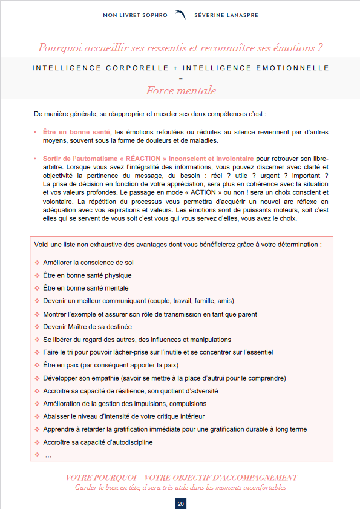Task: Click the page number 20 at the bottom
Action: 180,504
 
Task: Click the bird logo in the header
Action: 180,15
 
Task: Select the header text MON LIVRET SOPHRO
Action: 136,15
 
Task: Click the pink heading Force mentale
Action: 180,91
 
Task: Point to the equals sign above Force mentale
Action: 180,79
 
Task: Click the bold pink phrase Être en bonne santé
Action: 77,131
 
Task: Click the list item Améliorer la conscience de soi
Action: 88,263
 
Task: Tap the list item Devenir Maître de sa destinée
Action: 87,327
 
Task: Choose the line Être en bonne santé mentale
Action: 86,288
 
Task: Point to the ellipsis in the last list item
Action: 48,455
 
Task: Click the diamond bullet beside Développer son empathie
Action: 37,378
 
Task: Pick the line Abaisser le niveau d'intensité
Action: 123,416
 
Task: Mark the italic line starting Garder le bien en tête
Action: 180,487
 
